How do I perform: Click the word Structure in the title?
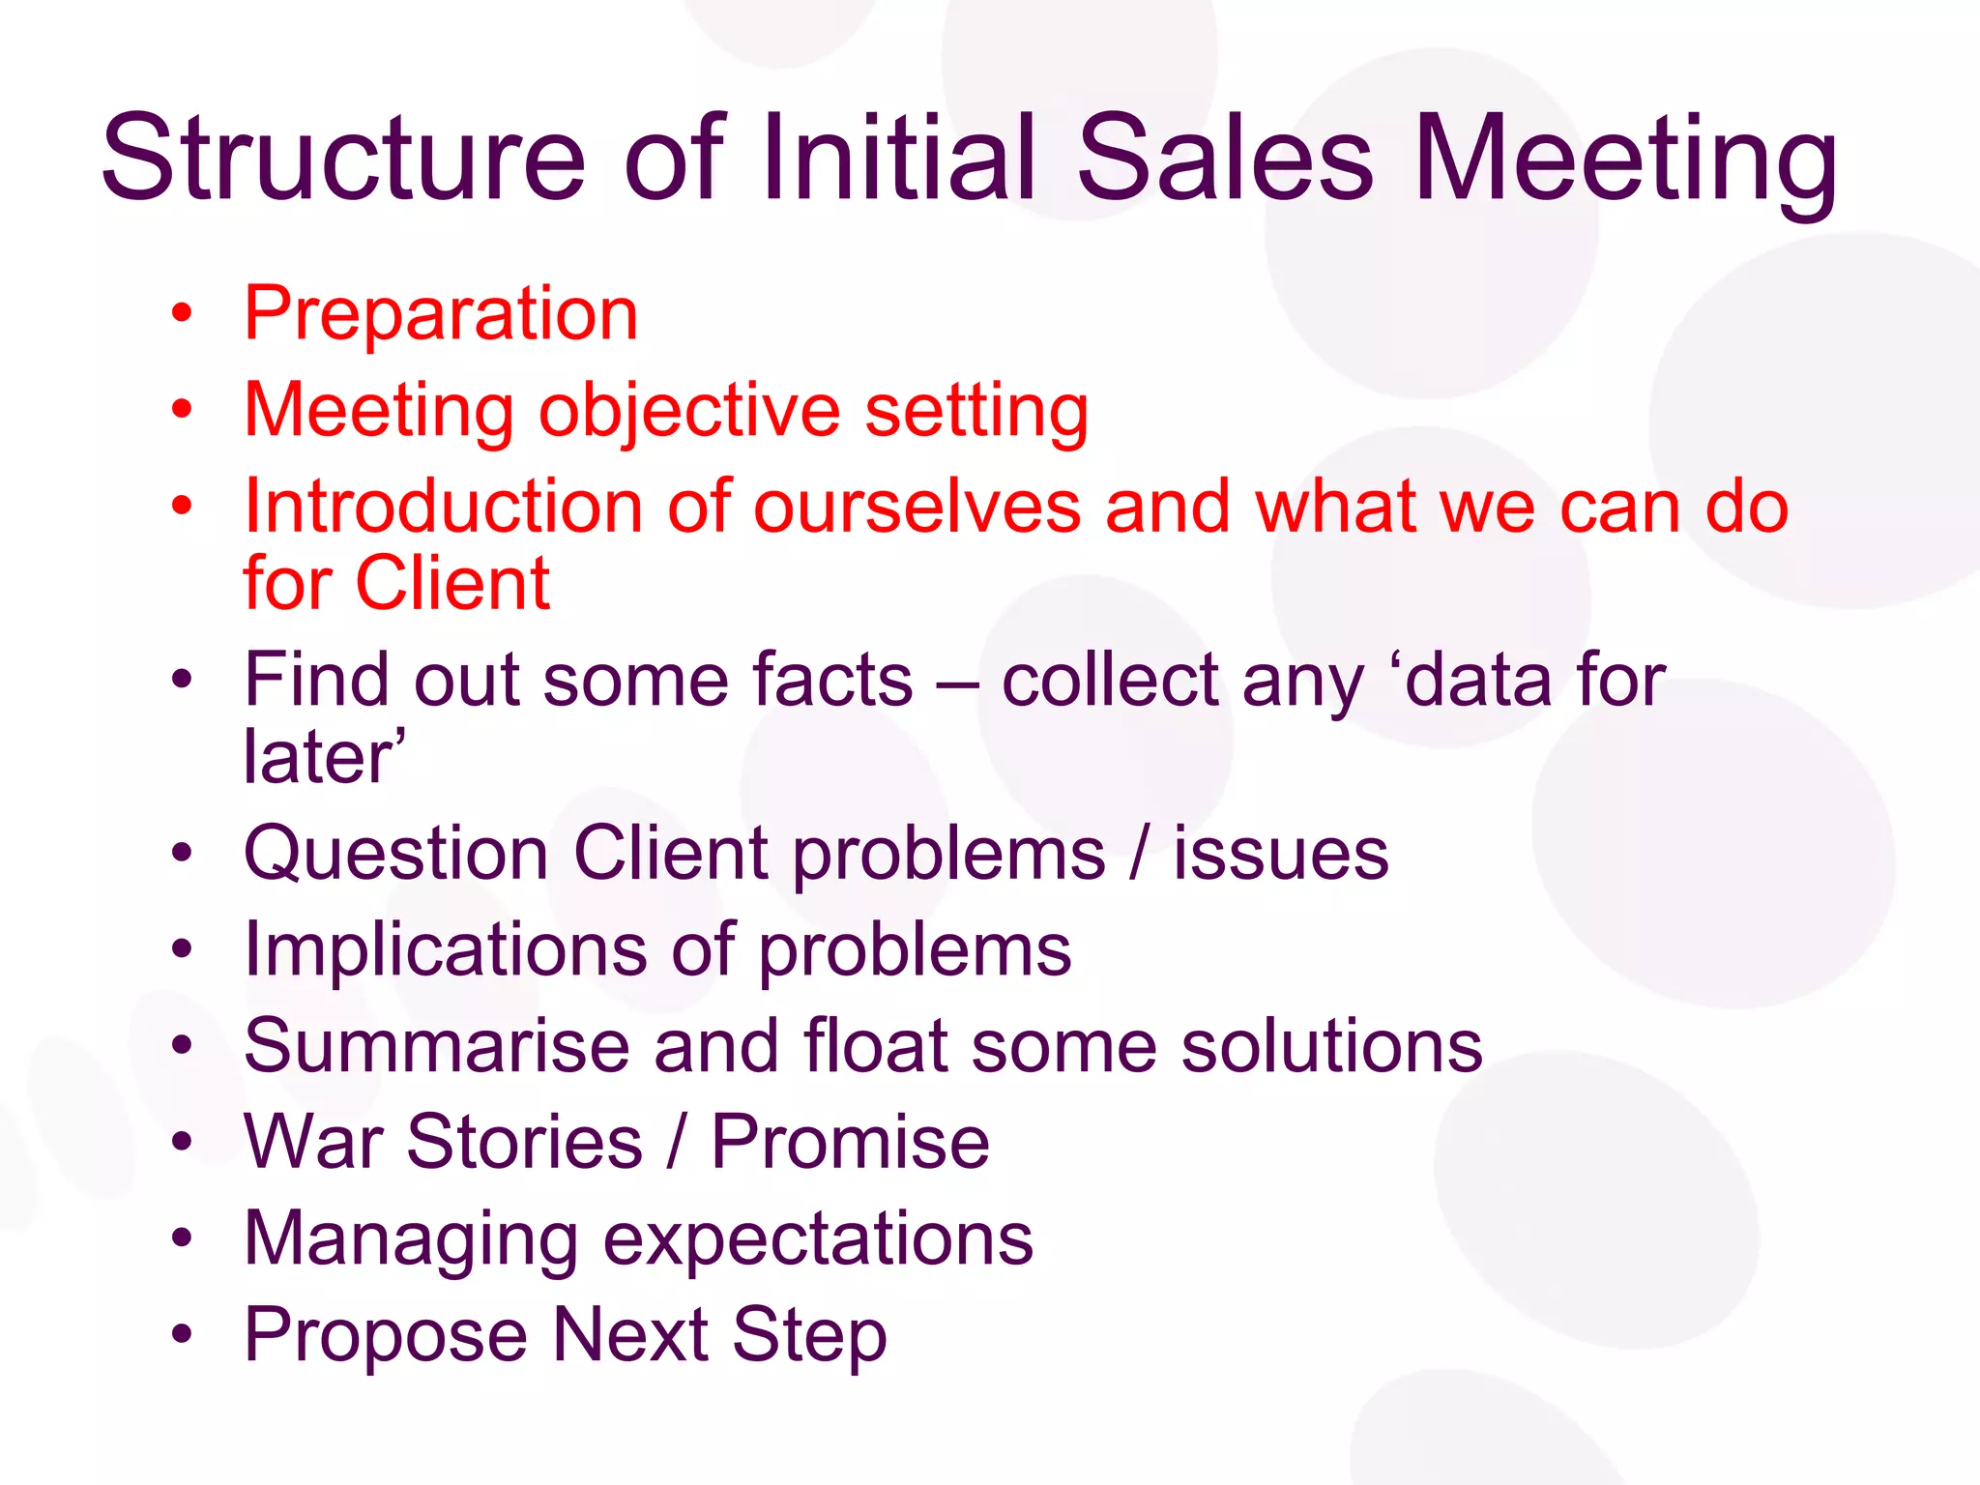[343, 159]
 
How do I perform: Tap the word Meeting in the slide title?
[1624, 159]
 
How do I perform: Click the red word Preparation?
[441, 314]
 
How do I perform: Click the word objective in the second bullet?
[688, 411]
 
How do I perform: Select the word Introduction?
[443, 507]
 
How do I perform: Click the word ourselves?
[917, 509]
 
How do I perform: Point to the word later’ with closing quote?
[324, 757]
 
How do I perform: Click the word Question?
[395, 855]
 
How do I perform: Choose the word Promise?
[851, 1143]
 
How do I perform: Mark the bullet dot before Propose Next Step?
[182, 1334]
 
